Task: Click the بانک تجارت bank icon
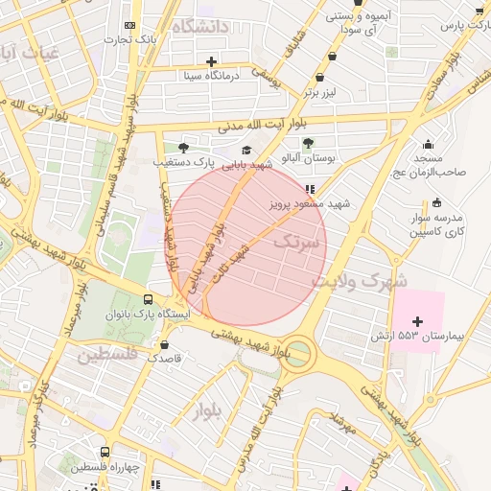coord(130,25)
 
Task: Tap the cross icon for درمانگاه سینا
coord(211,61)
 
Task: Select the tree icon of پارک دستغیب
coord(183,148)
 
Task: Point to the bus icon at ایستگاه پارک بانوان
coord(147,299)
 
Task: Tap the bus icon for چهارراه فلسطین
coord(105,452)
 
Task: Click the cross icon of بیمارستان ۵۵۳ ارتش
coord(416,319)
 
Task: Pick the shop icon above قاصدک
coord(164,343)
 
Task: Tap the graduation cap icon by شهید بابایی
coord(246,150)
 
